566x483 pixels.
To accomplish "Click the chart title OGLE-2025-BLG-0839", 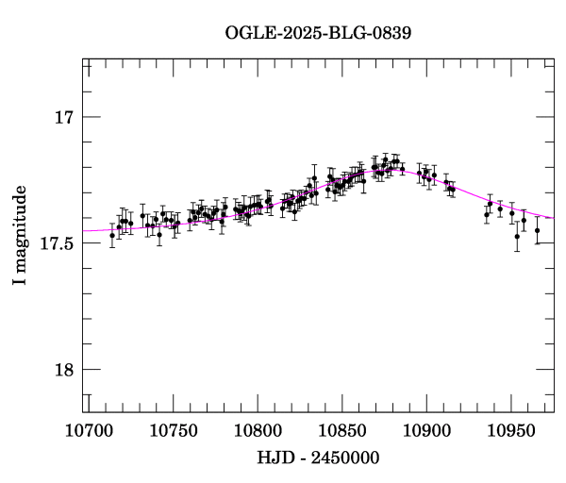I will (318, 32).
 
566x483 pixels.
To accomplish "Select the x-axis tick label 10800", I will (258, 430).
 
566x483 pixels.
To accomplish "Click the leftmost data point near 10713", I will (112, 236).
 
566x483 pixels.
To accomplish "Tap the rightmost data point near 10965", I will (537, 230).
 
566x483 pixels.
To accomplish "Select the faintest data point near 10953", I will (517, 236).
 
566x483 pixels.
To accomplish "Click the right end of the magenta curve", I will (554, 218).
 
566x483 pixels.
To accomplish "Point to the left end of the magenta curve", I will (83, 230).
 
